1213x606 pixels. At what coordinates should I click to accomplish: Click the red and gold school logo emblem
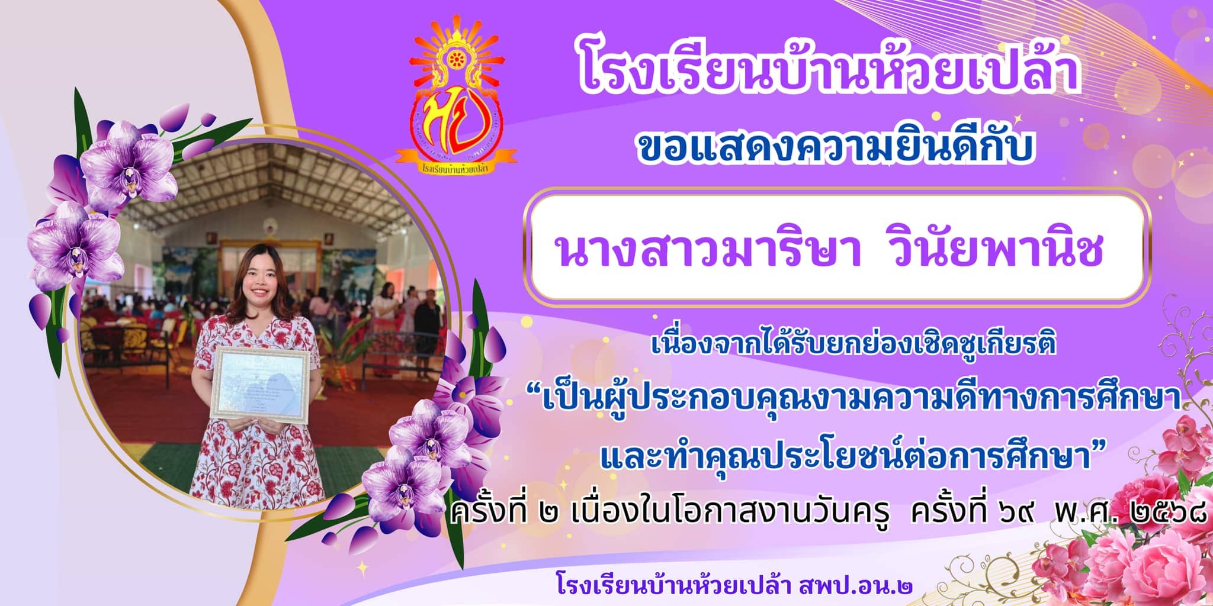pos(457,101)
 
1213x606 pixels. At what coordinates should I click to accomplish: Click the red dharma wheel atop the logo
pos(457,59)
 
